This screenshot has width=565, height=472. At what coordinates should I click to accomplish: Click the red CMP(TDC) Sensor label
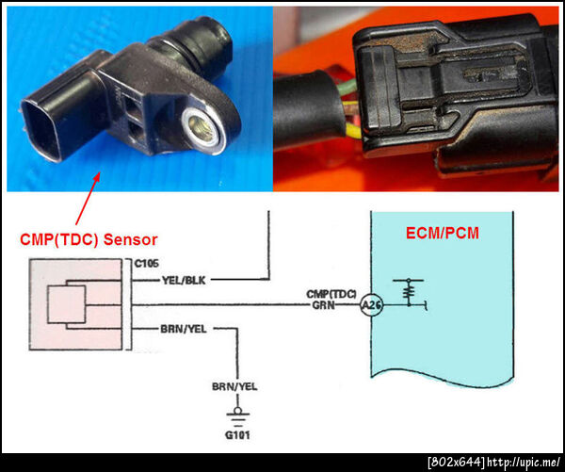[89, 239]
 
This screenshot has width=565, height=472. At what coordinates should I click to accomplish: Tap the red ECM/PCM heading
[443, 233]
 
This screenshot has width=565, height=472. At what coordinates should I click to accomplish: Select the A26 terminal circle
[371, 305]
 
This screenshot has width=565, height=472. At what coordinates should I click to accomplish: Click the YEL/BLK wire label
[184, 280]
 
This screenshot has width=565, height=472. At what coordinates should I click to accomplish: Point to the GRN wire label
[323, 305]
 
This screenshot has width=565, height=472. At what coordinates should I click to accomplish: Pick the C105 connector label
[146, 264]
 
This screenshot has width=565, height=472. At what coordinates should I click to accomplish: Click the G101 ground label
[237, 435]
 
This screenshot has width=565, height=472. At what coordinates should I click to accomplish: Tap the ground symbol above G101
[237, 415]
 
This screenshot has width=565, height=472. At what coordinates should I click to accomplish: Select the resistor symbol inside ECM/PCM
[409, 292]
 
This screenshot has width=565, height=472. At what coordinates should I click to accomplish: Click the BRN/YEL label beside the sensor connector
[184, 329]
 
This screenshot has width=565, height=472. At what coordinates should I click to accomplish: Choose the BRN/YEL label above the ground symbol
[234, 387]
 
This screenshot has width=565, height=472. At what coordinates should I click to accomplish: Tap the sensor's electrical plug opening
[40, 130]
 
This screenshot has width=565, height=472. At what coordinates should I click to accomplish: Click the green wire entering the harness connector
[346, 88]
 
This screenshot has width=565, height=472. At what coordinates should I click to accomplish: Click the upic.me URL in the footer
[523, 462]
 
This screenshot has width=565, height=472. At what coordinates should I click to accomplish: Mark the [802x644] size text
[456, 462]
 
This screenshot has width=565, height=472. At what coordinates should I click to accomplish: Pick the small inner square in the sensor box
[67, 304]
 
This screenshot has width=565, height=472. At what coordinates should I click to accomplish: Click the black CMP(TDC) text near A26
[331, 294]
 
